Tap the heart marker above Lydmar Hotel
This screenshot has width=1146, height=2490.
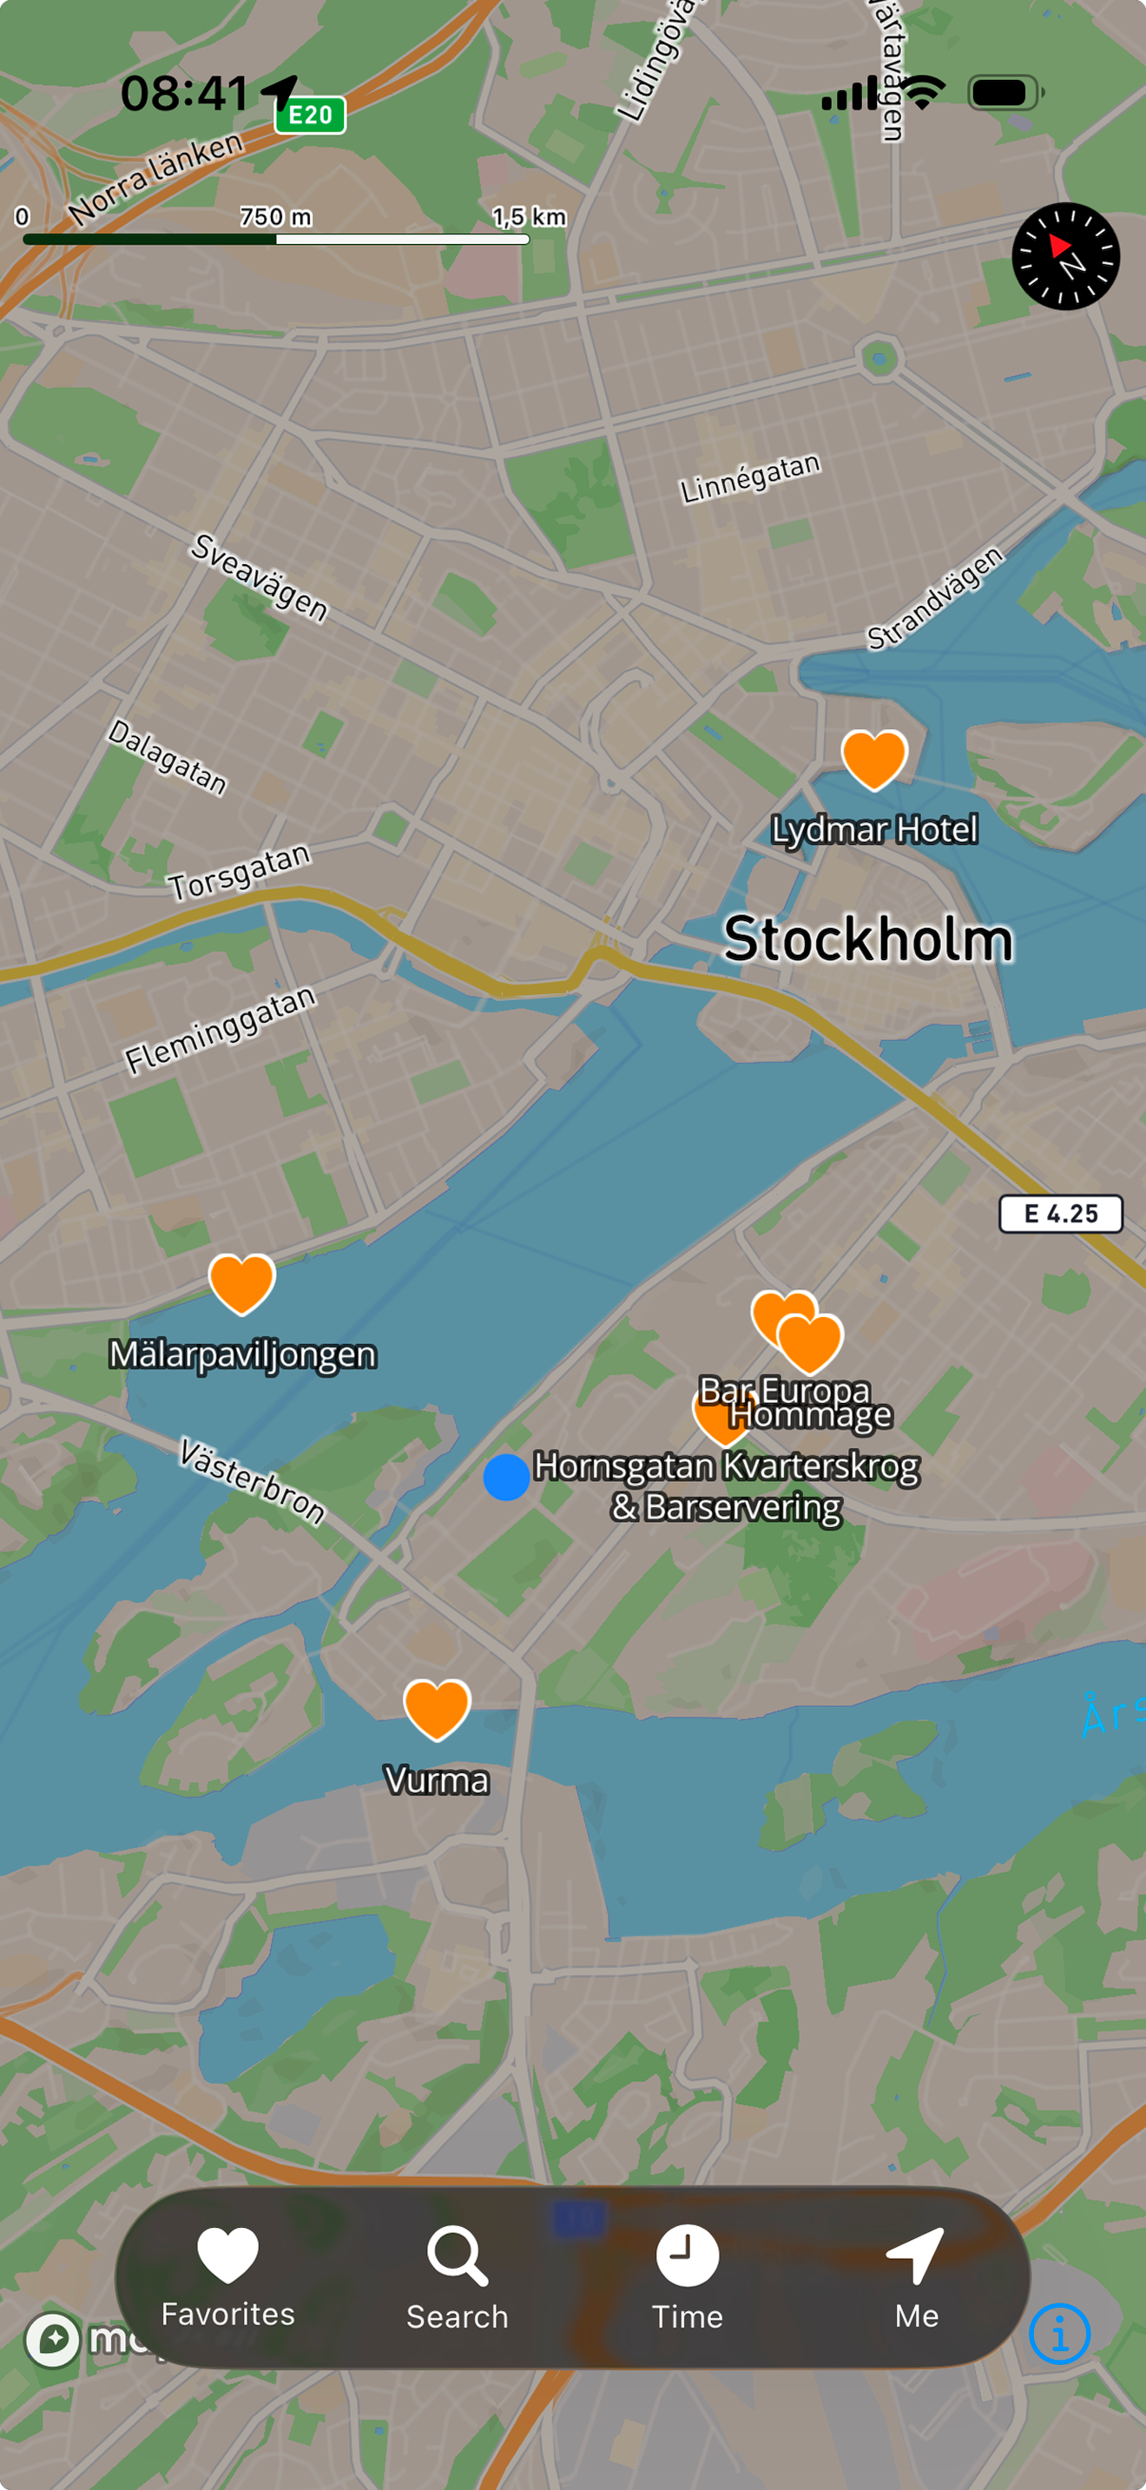[x=873, y=759]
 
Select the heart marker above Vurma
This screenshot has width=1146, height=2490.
[x=437, y=1708]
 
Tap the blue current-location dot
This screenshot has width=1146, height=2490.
[x=506, y=1477]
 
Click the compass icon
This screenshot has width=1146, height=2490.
[x=1066, y=256]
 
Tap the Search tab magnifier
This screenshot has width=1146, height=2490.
[x=457, y=2256]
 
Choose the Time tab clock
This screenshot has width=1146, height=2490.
[x=687, y=2256]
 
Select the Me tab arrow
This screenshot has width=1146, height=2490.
[x=916, y=2256]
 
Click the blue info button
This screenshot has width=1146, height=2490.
[x=1059, y=2334]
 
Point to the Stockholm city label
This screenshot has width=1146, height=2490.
[x=867, y=939]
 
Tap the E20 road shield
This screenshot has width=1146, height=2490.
[x=310, y=115]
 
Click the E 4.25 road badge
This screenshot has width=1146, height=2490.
[x=1060, y=1214]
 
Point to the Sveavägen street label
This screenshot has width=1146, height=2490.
[x=259, y=577]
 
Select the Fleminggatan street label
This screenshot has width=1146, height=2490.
[x=221, y=1030]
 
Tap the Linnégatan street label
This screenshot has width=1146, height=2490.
[x=750, y=478]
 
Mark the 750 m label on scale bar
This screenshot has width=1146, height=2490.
[x=275, y=216]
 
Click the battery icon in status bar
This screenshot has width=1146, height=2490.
[x=1004, y=93]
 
